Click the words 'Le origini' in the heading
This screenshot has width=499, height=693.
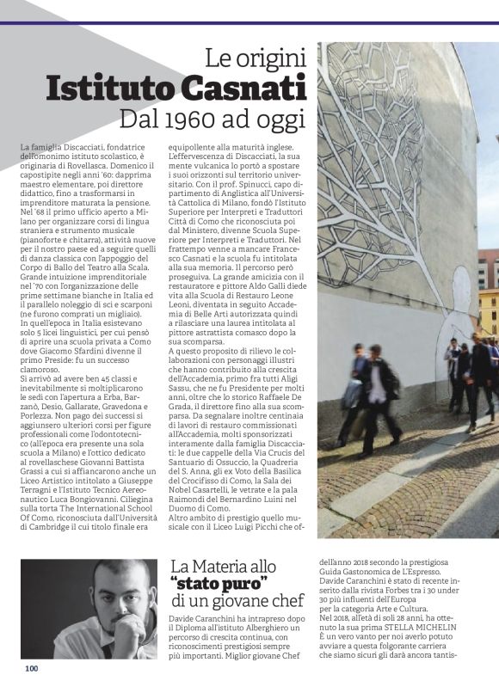(256, 58)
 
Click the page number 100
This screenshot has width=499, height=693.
(32, 668)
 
